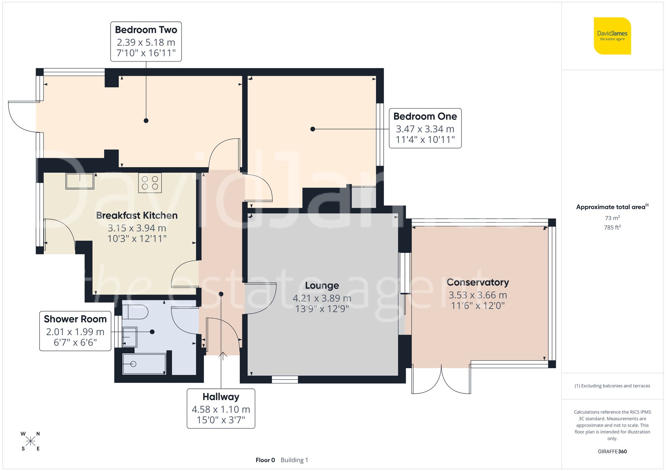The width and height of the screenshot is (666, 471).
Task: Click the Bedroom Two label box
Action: (146, 42)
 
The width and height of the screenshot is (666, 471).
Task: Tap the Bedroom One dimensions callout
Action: (425, 128)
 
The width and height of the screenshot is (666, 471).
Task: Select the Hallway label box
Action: (221, 408)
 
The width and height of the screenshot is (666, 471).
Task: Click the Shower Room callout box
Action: (75, 331)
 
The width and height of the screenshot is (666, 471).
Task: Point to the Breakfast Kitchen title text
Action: (137, 215)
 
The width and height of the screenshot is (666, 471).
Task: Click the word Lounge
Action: (322, 286)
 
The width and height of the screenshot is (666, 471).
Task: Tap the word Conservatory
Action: (478, 282)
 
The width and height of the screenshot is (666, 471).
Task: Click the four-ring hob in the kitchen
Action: (150, 183)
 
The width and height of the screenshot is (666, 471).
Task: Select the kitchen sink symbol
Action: (80, 181)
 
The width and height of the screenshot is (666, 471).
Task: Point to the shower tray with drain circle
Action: (144, 364)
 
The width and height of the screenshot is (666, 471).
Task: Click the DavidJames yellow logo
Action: (612, 36)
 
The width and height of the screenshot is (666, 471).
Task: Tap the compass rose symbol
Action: (30, 441)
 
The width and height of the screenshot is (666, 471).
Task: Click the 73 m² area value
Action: (612, 218)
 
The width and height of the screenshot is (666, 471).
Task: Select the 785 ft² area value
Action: (612, 227)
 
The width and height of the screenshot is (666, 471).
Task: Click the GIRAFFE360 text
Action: (612, 451)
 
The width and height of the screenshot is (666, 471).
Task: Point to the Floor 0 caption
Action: (265, 460)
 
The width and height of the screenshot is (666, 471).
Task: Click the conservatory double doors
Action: (441, 379)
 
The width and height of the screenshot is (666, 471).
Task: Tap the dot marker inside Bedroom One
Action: (312, 129)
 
